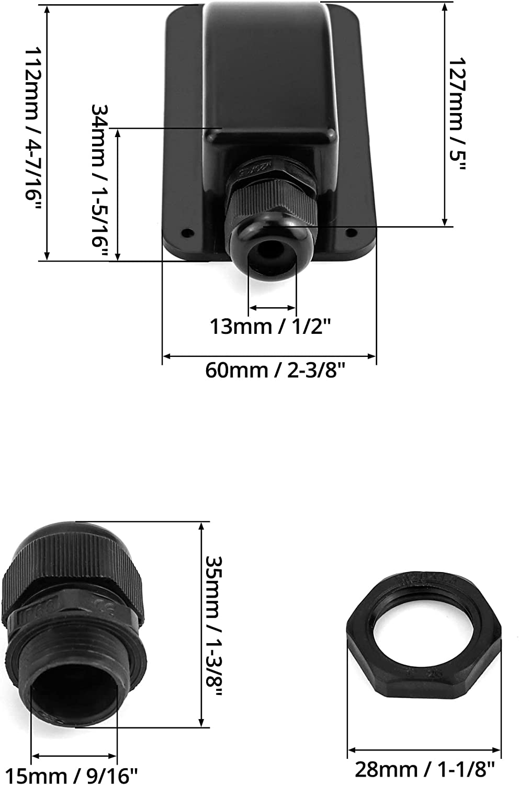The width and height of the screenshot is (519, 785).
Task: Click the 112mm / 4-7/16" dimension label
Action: pos(33,129)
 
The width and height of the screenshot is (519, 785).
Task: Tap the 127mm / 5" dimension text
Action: pos(457,114)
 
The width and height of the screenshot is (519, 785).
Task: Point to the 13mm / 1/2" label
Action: pos(270,326)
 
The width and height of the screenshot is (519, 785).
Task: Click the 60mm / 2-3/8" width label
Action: pos(275,370)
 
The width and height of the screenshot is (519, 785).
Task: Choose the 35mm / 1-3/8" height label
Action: pos(213,625)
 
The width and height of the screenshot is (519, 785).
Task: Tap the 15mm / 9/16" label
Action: pos(72,775)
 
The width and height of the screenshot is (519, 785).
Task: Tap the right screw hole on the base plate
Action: pos(351,232)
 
